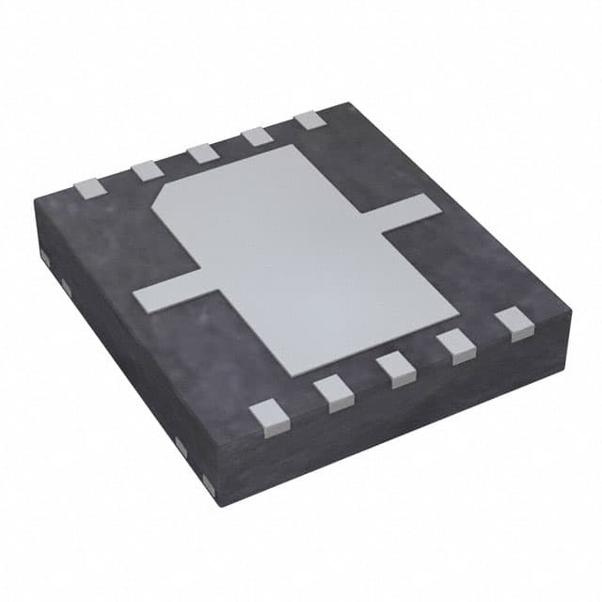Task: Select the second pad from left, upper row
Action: tap(145, 169)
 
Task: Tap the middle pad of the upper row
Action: tap(199, 152)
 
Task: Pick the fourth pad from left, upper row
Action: tap(256, 136)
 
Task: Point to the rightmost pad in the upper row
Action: tap(309, 120)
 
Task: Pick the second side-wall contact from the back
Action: tap(62, 283)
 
